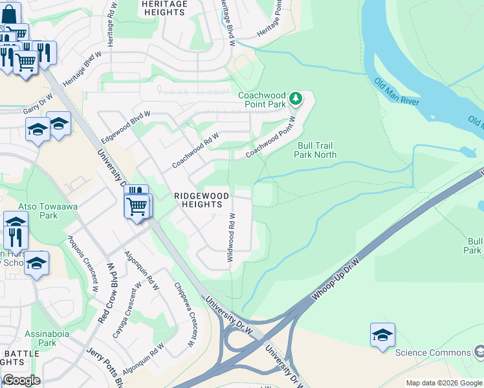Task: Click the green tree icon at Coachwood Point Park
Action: pyautogui.click(x=296, y=99)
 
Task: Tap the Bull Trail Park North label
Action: pyautogui.click(x=315, y=150)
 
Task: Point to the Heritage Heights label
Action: pyautogui.click(x=164, y=8)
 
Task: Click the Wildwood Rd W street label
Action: pyautogui.click(x=230, y=237)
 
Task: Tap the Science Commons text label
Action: pyautogui.click(x=432, y=352)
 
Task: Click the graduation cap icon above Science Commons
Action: pyautogui.click(x=382, y=335)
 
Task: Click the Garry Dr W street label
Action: pyautogui.click(x=37, y=107)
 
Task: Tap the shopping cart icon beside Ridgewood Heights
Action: pyautogui.click(x=137, y=207)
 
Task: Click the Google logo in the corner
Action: pyautogui.click(x=21, y=380)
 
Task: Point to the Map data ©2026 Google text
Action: pyautogui.click(x=444, y=383)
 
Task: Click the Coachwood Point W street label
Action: pyautogui.click(x=270, y=137)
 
